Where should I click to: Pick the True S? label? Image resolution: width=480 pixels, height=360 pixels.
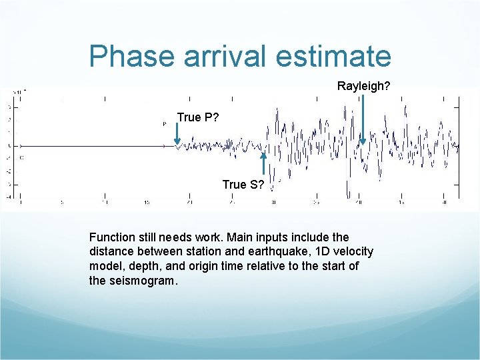(x=243, y=184)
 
